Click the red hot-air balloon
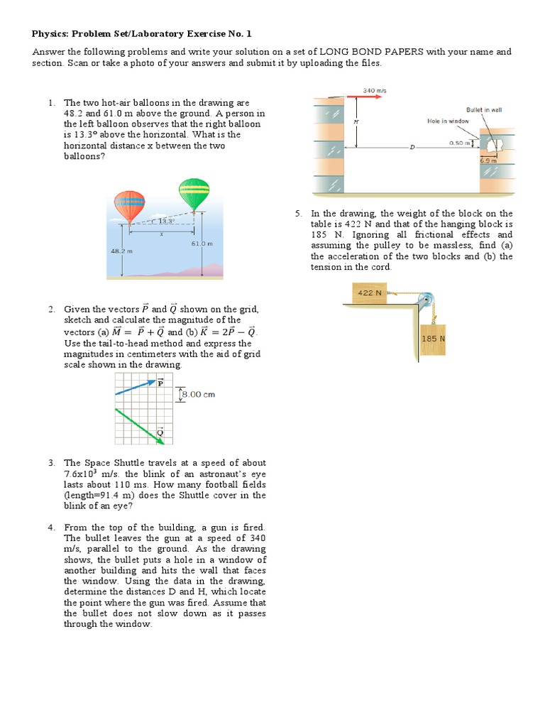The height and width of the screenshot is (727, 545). pyautogui.click(x=129, y=206)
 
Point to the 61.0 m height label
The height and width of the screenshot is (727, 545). pyautogui.click(x=202, y=244)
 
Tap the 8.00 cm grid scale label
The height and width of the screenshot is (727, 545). pyautogui.click(x=199, y=395)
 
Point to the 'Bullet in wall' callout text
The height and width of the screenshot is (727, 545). pyautogui.click(x=484, y=110)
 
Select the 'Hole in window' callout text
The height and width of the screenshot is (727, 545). pyautogui.click(x=448, y=121)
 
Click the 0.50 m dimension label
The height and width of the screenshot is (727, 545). pyautogui.click(x=462, y=143)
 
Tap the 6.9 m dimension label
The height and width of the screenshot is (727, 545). pyautogui.click(x=489, y=161)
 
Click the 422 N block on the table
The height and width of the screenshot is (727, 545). pyautogui.click(x=369, y=293)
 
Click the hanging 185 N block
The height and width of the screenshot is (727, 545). pyautogui.click(x=433, y=339)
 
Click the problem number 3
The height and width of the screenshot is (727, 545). pyautogui.click(x=52, y=463)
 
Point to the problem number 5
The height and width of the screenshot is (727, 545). pyautogui.click(x=299, y=214)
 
